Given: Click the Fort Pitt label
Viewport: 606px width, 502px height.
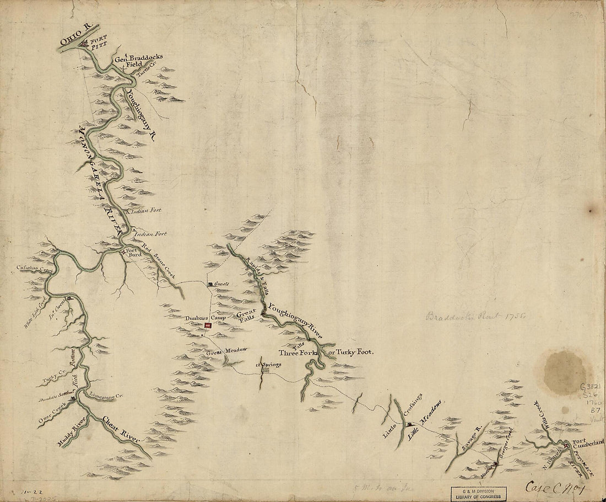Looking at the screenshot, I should [x=96, y=44].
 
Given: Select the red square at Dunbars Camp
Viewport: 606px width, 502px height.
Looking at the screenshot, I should [x=208, y=326].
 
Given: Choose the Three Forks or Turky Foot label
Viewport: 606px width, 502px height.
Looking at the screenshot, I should [x=326, y=353].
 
